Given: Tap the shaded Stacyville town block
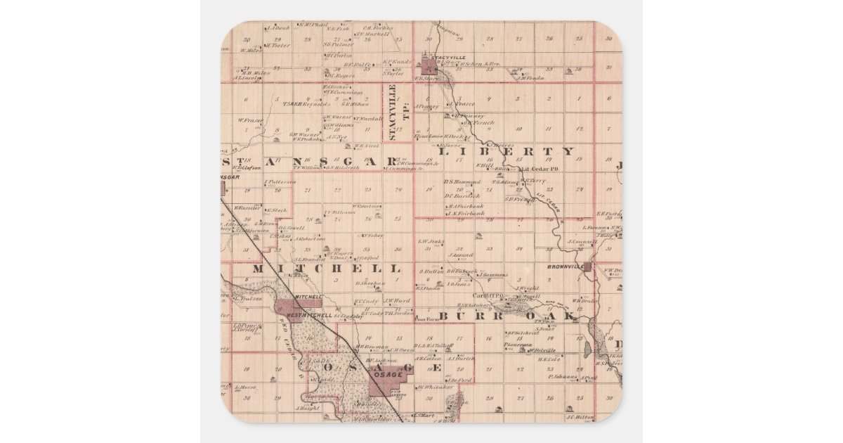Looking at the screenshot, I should coord(428,67).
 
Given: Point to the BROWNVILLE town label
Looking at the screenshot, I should coord(566,267).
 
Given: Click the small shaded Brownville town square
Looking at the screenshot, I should coord(598,267).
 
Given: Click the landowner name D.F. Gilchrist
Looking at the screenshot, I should coord(525,333).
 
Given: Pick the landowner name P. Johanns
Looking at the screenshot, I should coord(563,376).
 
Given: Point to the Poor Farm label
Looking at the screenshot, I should coord(427,319).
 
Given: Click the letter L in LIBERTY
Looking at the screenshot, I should coord(443,151).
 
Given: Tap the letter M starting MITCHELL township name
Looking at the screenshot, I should coord(258,269).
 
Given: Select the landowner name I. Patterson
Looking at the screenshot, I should coord(282,182).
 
